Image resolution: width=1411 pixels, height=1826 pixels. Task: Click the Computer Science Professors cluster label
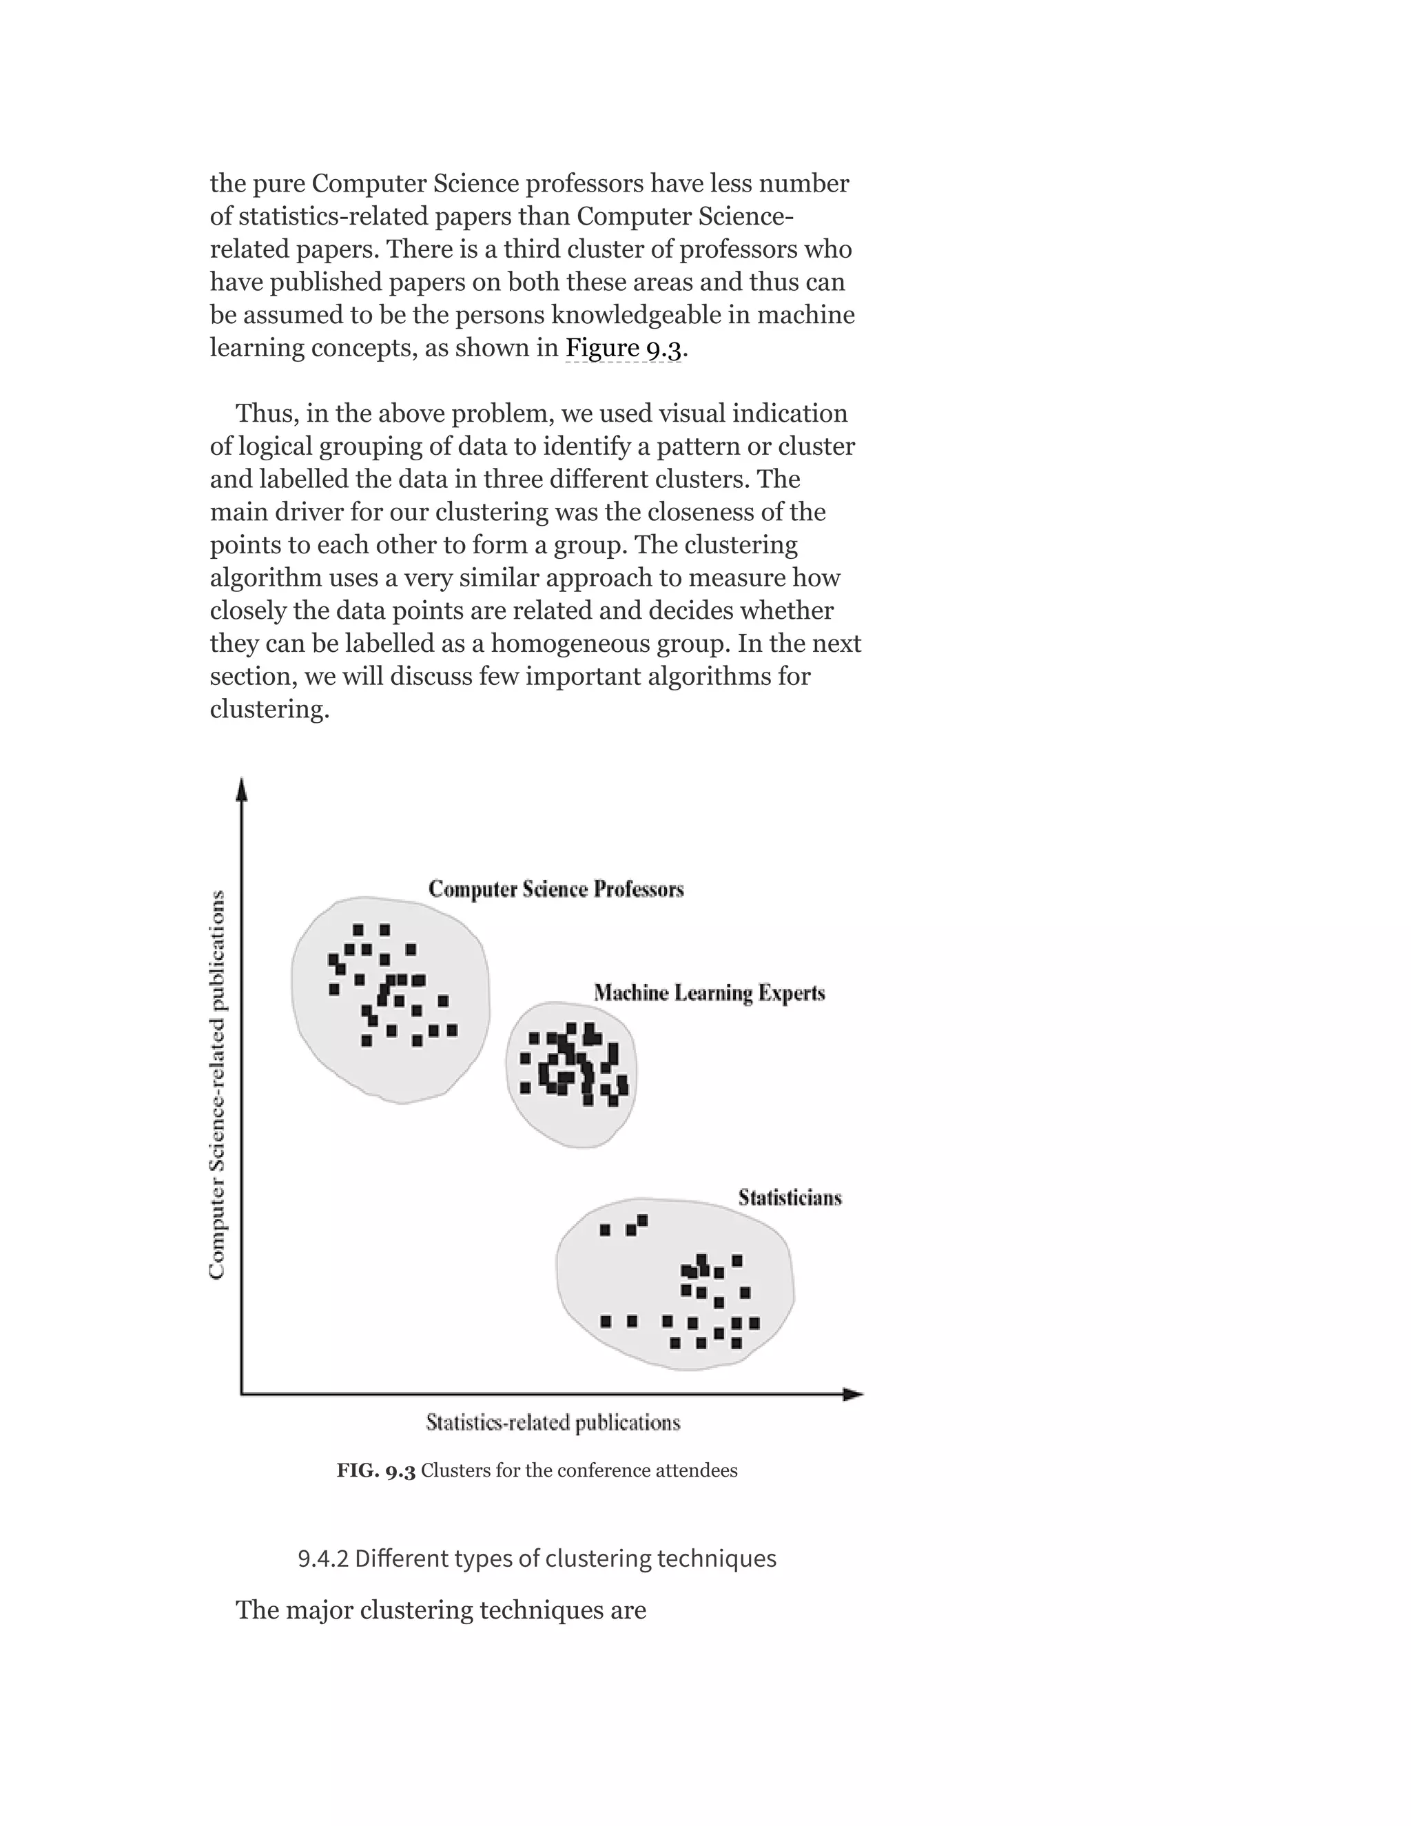pos(556,889)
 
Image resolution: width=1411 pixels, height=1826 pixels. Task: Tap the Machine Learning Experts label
pos(709,993)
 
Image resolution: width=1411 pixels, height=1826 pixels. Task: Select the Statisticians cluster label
pos(789,1198)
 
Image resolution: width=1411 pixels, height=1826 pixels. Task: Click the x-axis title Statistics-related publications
pos(553,1422)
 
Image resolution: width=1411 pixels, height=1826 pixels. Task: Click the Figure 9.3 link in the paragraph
pos(623,348)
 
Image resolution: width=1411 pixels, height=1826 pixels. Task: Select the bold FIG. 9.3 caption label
pos(375,1470)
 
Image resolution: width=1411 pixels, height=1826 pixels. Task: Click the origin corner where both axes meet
pos(242,1394)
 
